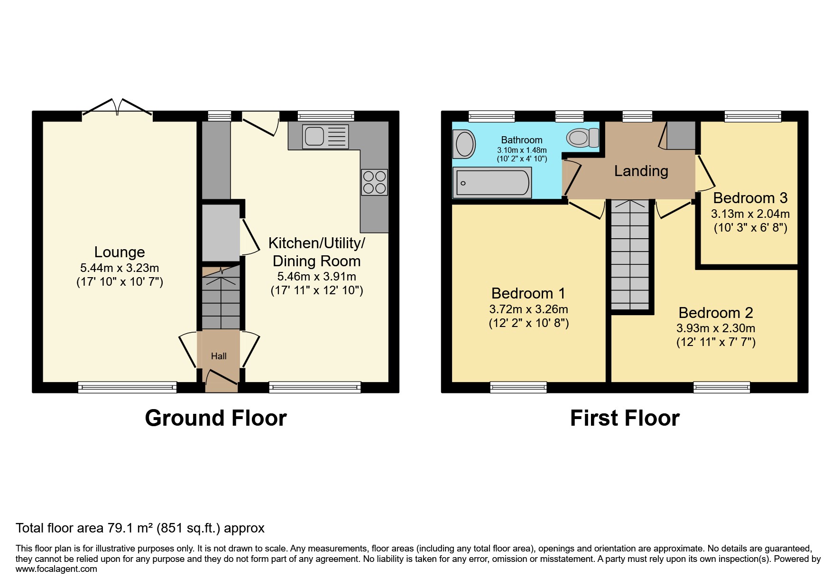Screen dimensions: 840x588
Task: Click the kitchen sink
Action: pos(325,136)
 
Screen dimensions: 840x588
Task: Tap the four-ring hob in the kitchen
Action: pos(374,182)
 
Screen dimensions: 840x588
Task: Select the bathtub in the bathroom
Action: pos(492,183)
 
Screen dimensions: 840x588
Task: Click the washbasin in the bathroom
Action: pos(465,144)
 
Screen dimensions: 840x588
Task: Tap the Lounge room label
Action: pos(120,252)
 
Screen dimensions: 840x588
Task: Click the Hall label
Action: pos(219,356)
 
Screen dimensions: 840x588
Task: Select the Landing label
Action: pos(641,171)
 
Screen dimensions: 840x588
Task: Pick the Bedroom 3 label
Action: pos(750,197)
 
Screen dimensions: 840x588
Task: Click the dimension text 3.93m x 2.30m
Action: pos(716,328)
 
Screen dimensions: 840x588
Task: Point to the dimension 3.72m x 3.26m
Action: pos(529,309)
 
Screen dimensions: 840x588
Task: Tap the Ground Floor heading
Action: pos(216,418)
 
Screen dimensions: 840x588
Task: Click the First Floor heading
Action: pos(625,418)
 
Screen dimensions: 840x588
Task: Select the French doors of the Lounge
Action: pos(117,107)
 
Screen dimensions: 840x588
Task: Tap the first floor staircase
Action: pos(630,254)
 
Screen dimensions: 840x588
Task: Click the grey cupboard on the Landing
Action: pos(681,135)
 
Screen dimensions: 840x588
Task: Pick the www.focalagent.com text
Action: pos(56,569)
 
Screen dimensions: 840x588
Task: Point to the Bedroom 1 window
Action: pos(518,388)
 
